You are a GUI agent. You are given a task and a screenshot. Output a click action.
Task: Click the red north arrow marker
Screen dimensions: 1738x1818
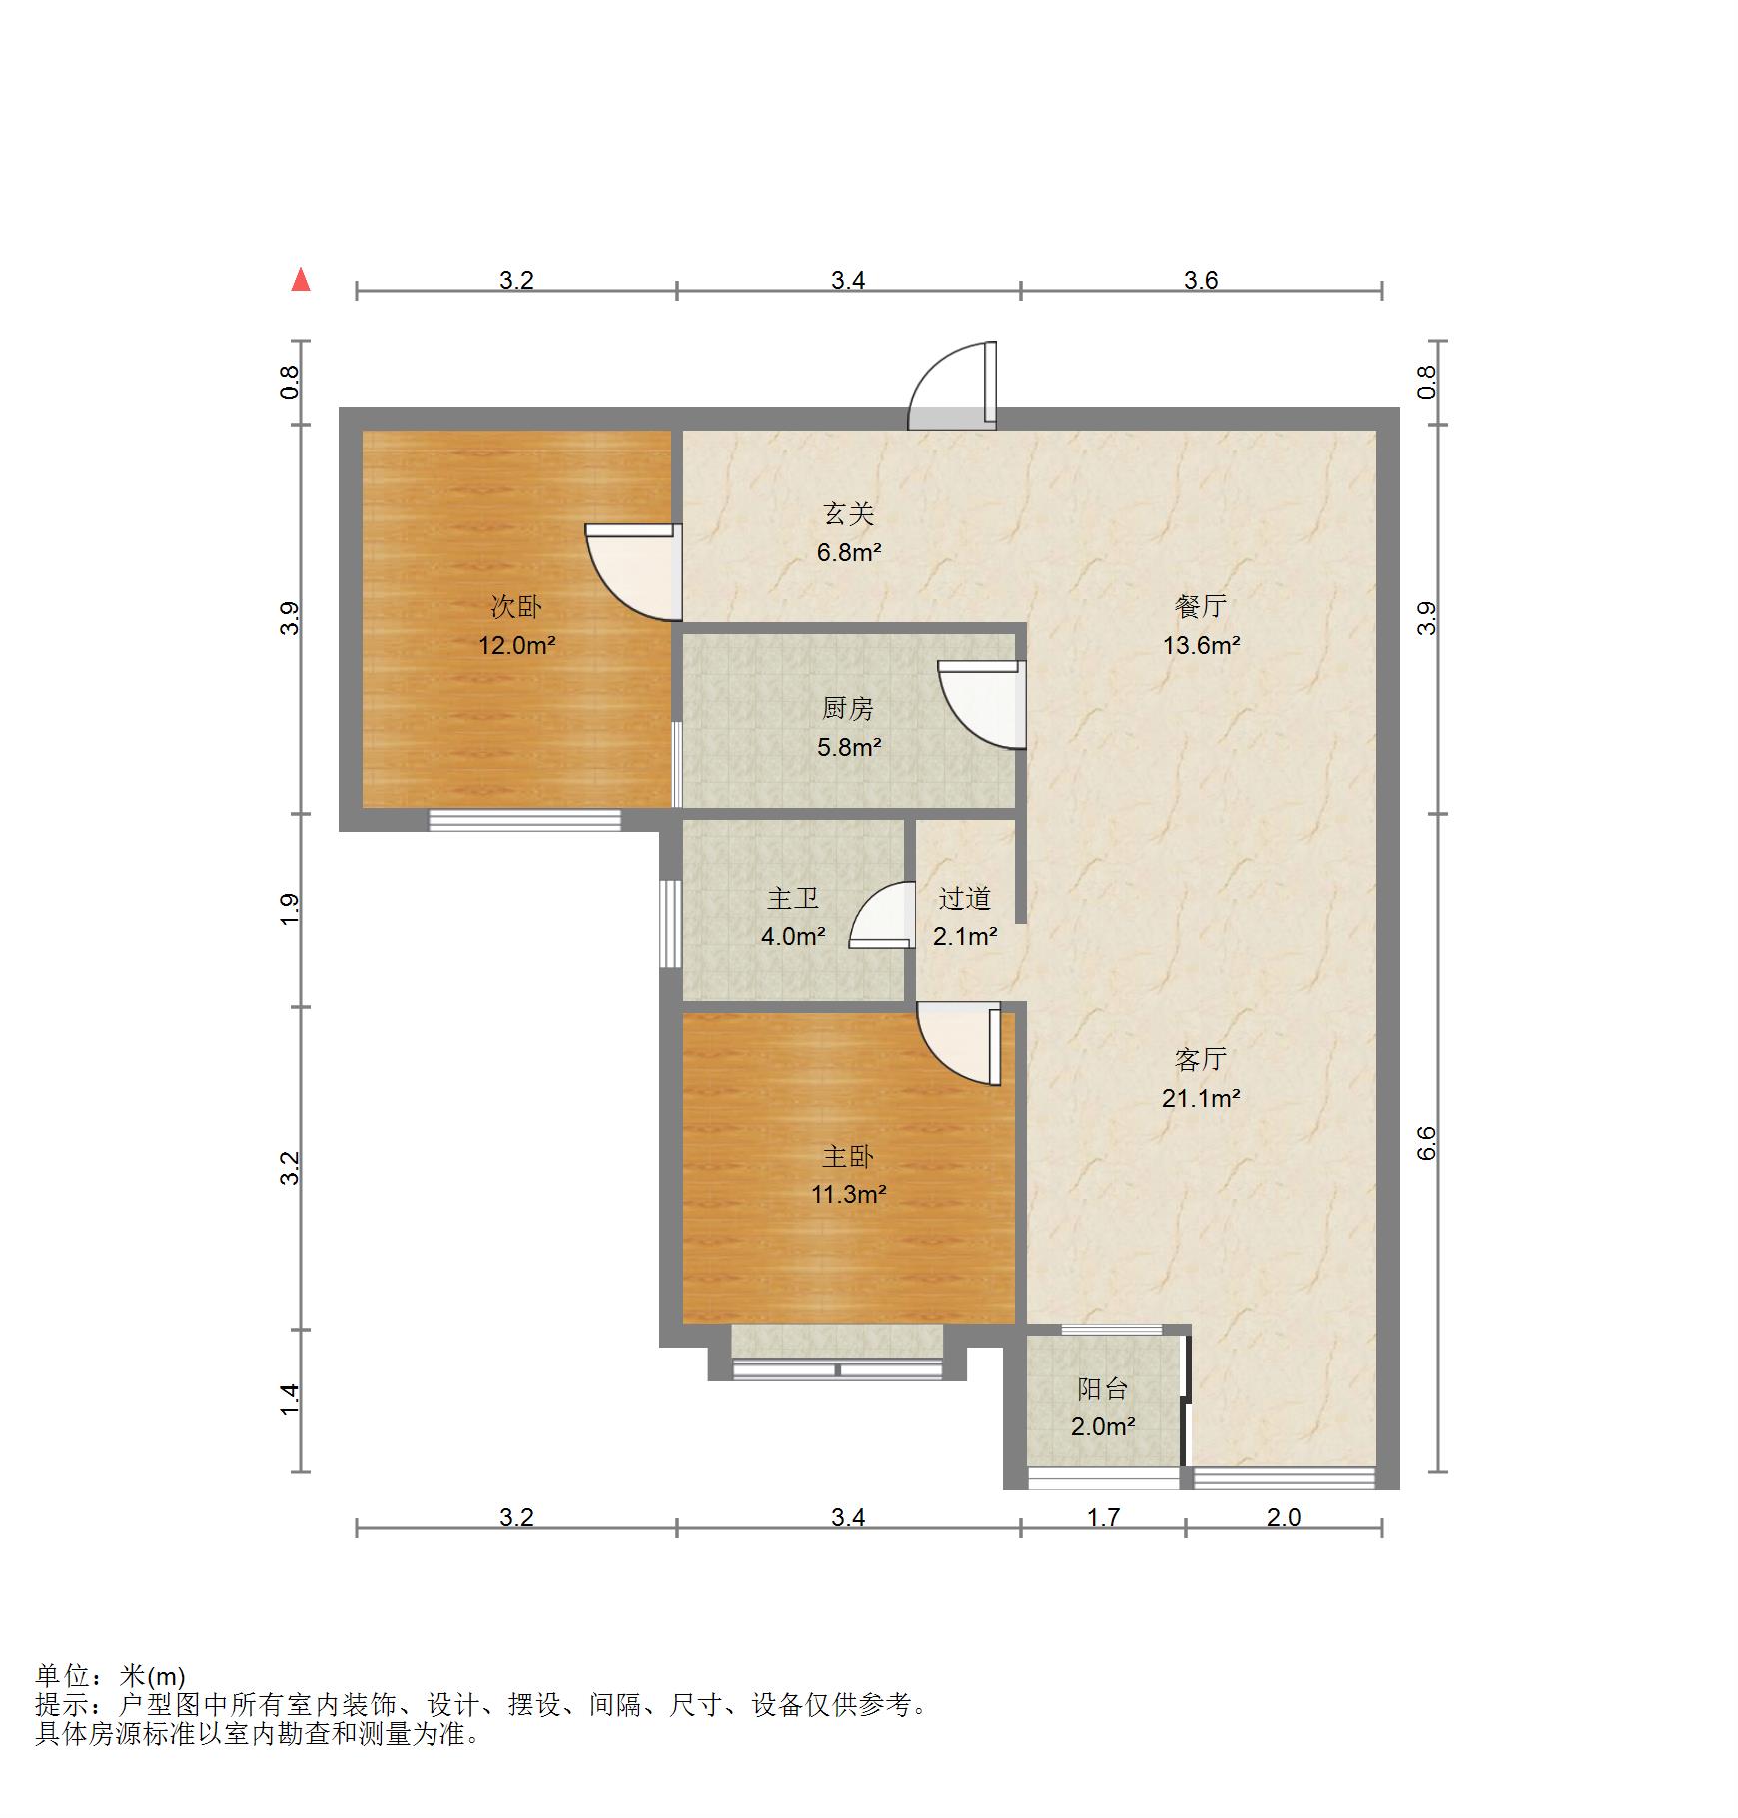[301, 280]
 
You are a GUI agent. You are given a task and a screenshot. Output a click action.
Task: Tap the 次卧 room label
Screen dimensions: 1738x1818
[516, 606]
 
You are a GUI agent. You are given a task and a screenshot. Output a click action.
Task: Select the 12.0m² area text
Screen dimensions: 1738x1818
[516, 645]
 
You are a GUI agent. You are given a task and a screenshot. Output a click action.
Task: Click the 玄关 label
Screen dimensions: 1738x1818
[848, 513]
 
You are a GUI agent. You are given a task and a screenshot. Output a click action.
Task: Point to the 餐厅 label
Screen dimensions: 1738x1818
[1201, 606]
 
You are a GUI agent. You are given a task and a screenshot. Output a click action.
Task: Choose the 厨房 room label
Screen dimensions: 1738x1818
[848, 708]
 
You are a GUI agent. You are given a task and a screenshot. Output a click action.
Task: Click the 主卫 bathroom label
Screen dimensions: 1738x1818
[793, 898]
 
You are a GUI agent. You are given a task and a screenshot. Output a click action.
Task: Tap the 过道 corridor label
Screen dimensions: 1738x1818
[965, 898]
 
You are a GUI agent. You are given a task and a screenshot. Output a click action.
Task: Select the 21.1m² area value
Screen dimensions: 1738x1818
[1201, 1098]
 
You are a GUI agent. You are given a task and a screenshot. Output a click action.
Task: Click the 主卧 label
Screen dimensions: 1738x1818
[848, 1156]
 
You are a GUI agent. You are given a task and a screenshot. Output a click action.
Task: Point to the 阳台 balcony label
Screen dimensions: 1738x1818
[1103, 1388]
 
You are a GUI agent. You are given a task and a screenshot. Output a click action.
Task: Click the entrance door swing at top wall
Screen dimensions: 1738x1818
[952, 386]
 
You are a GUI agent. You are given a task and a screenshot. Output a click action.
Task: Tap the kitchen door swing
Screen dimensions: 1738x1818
[982, 705]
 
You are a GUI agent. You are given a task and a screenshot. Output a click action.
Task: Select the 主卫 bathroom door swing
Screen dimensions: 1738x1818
[881, 914]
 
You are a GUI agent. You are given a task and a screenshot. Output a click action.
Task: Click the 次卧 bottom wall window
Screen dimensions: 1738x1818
[525, 820]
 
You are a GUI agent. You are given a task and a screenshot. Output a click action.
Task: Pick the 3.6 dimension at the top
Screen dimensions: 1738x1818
[1201, 280]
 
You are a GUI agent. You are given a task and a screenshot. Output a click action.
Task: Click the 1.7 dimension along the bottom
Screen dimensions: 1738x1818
[1103, 1517]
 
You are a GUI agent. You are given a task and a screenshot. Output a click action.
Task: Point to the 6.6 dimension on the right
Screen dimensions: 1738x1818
[1427, 1142]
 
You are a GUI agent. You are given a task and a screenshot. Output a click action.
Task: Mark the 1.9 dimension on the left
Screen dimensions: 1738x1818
[290, 908]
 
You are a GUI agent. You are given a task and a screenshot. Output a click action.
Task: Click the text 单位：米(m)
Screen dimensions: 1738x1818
[111, 1677]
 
